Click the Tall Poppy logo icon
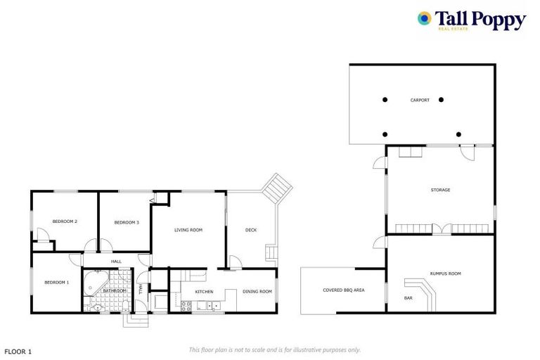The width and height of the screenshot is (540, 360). click(x=424, y=19)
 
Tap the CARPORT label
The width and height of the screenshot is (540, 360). click(x=420, y=101)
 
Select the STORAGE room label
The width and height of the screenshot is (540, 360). click(x=440, y=190)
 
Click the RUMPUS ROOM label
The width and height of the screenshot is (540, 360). click(x=445, y=274)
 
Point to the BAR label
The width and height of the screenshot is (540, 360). click(x=408, y=299)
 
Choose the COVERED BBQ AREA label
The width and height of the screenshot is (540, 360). click(x=343, y=290)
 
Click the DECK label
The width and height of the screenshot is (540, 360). click(x=251, y=230)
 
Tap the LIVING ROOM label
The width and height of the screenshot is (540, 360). click(x=188, y=230)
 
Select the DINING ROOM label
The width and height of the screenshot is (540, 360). click(x=257, y=291)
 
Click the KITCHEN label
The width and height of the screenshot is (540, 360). click(x=204, y=291)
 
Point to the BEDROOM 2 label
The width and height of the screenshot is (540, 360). click(x=65, y=221)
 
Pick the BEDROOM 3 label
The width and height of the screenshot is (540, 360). click(x=127, y=222)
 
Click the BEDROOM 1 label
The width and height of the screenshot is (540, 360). click(x=56, y=282)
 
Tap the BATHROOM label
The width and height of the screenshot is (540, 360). click(x=114, y=290)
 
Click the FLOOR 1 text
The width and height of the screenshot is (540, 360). click(x=18, y=350)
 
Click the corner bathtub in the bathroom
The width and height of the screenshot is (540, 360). click(x=91, y=284)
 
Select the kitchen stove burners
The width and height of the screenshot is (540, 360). click(x=186, y=305)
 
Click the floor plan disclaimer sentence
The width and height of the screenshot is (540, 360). click(x=274, y=349)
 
